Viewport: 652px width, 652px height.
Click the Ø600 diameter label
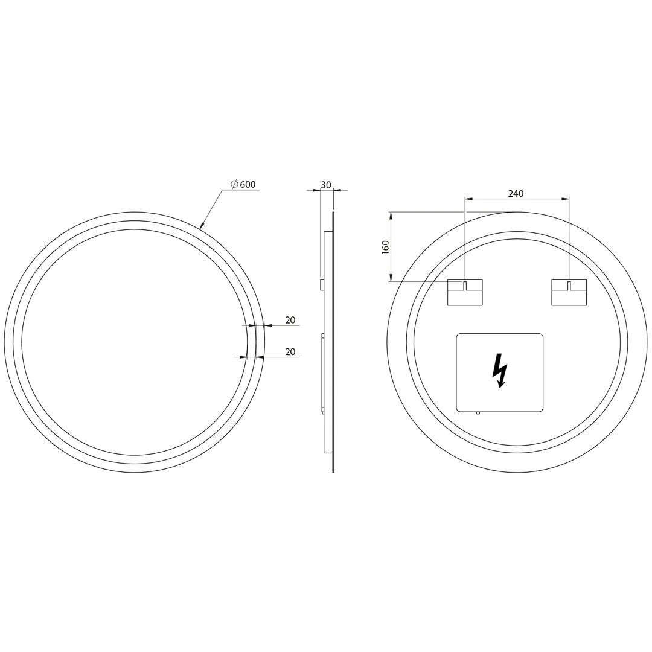pos(243,184)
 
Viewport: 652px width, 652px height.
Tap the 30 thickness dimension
pos(327,185)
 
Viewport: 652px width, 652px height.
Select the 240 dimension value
pos(516,193)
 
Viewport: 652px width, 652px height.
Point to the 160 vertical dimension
pos(385,247)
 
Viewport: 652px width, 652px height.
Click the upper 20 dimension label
pos(290,320)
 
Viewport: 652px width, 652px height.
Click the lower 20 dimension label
pos(290,352)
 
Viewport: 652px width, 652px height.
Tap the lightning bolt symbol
pos(500,371)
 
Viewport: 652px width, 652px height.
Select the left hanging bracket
pos(465,292)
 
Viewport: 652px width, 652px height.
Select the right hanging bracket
pos(569,292)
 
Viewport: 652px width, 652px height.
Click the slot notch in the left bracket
pos(465,284)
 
